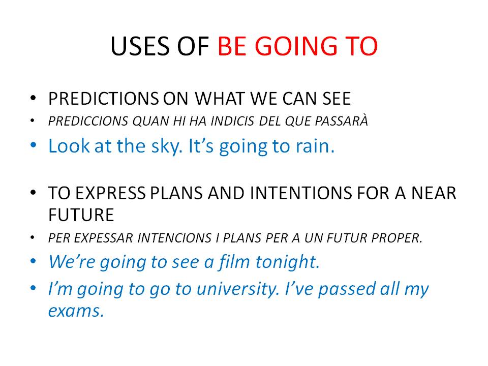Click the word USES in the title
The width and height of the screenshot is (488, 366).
pyautogui.click(x=141, y=46)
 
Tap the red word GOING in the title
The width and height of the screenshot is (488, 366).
pyautogui.click(x=296, y=46)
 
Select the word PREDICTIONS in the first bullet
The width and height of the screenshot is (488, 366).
pyautogui.click(x=104, y=99)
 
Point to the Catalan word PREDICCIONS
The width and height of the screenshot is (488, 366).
pyautogui.click(x=88, y=121)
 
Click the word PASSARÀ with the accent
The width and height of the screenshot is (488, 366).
pyautogui.click(x=342, y=120)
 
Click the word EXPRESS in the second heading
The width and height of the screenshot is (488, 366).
pyautogui.click(x=110, y=193)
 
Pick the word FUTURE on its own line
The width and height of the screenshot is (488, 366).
pyautogui.click(x=81, y=215)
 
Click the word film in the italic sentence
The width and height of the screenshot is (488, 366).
pyautogui.click(x=233, y=261)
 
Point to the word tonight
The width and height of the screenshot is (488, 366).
pyautogui.click(x=287, y=262)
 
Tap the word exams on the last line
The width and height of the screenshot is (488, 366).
pyautogui.click(x=76, y=311)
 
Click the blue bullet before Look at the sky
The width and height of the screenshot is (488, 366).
pyautogui.click(x=34, y=146)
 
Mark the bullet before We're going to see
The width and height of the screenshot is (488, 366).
pyautogui.click(x=34, y=261)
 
